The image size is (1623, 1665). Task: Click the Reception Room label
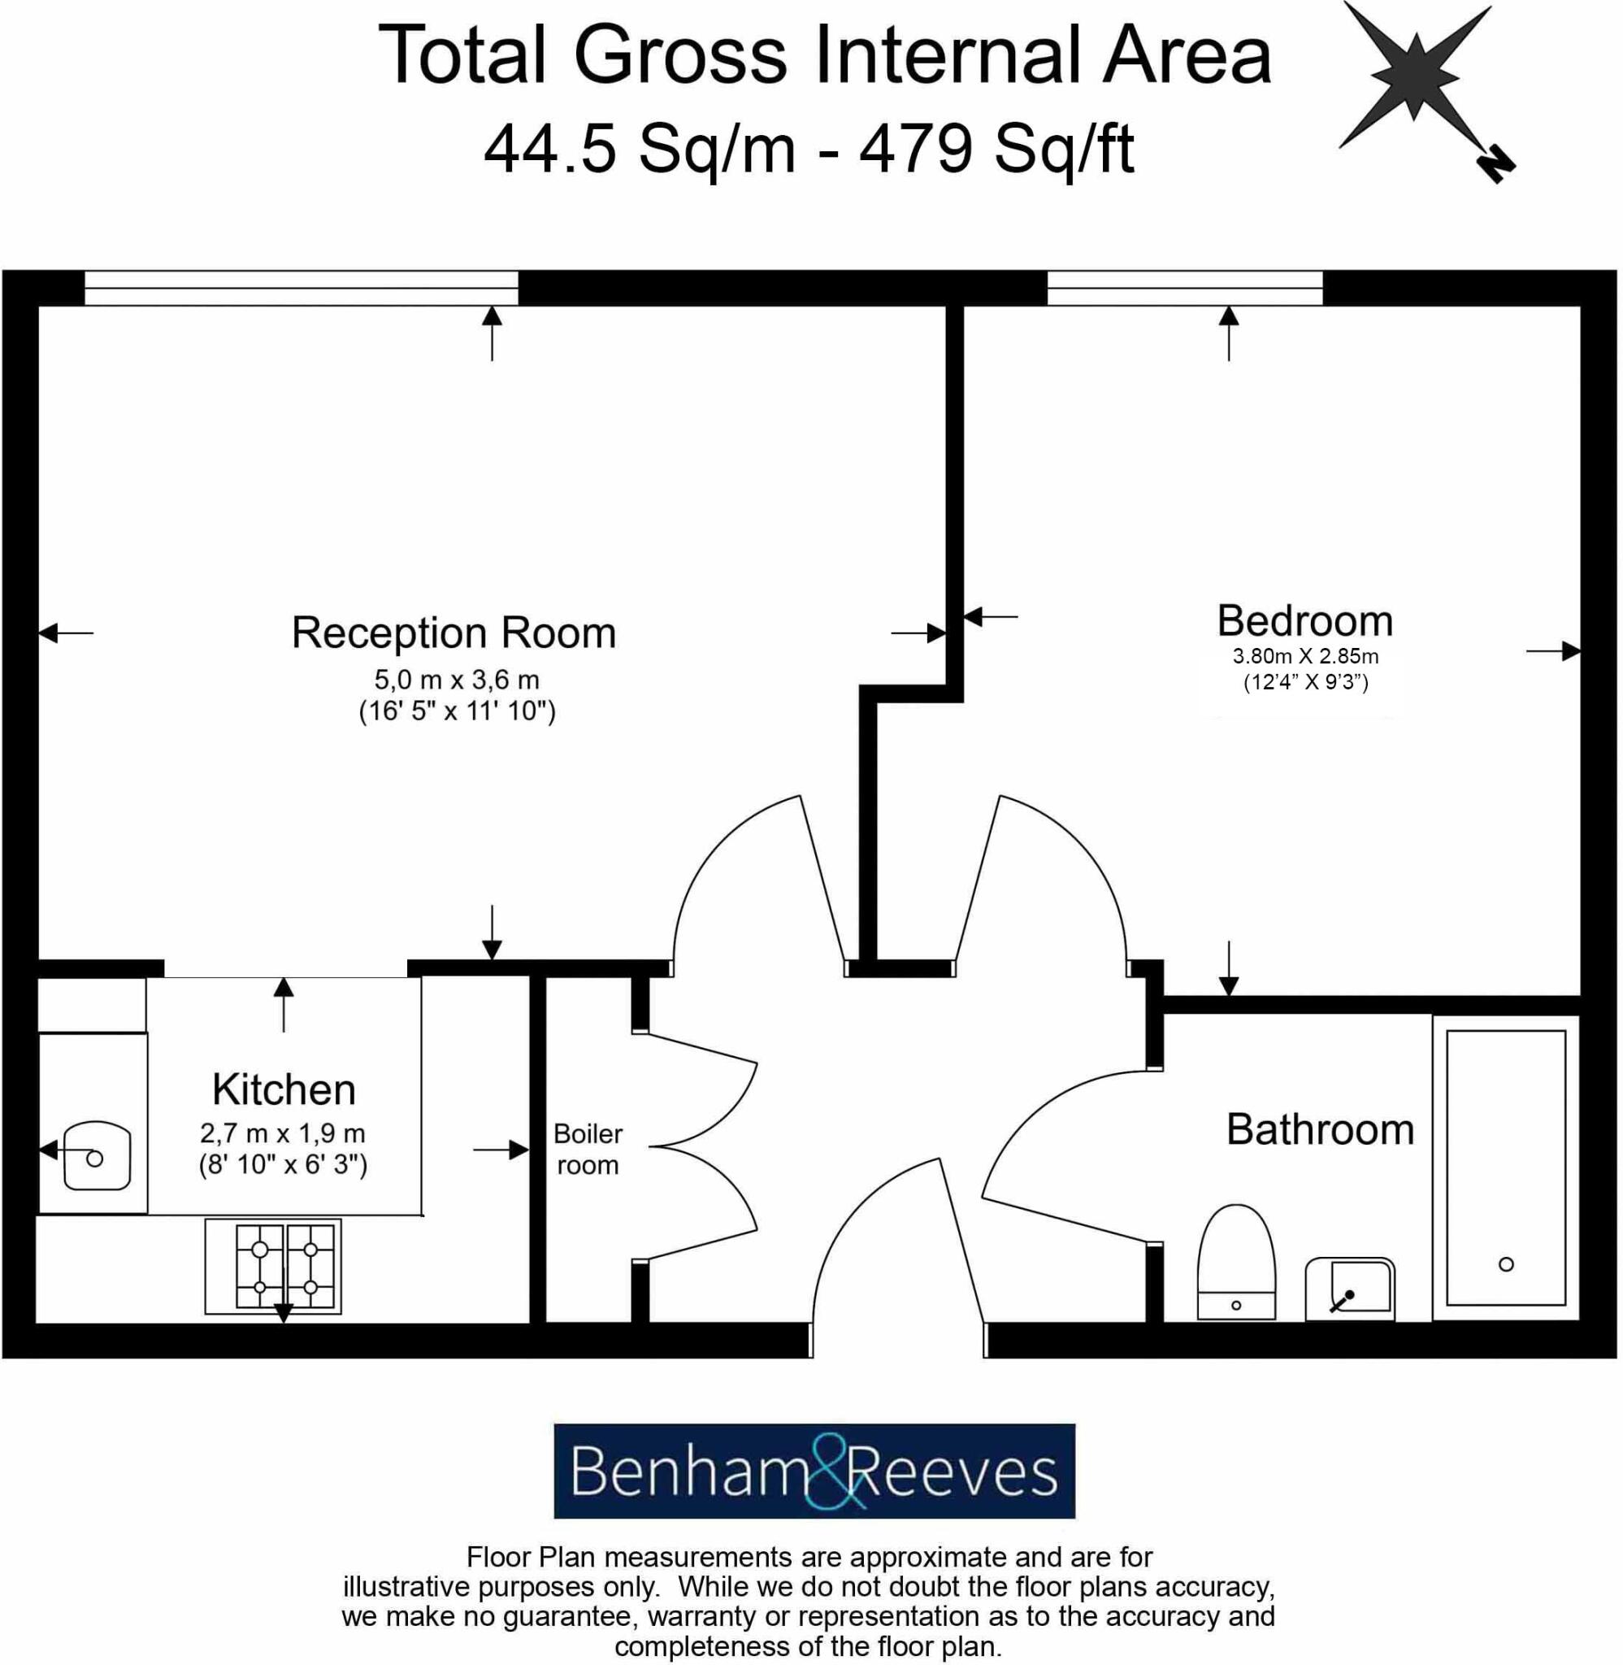453,633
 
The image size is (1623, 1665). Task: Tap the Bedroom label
1304,620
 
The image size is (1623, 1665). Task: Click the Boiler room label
588,1150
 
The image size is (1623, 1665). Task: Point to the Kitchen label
284,1089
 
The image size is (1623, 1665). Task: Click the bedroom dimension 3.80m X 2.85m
1305,656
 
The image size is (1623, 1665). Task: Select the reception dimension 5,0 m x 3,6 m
457,680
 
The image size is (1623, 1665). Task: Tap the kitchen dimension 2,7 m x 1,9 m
282,1134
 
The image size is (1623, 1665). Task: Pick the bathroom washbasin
1349,1288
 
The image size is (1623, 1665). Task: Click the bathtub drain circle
1505,1264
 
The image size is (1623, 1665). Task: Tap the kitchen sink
97,1156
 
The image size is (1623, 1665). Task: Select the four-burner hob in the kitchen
273,1266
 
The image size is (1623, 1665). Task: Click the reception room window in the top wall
301,288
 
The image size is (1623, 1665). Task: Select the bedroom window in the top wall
1184,288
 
